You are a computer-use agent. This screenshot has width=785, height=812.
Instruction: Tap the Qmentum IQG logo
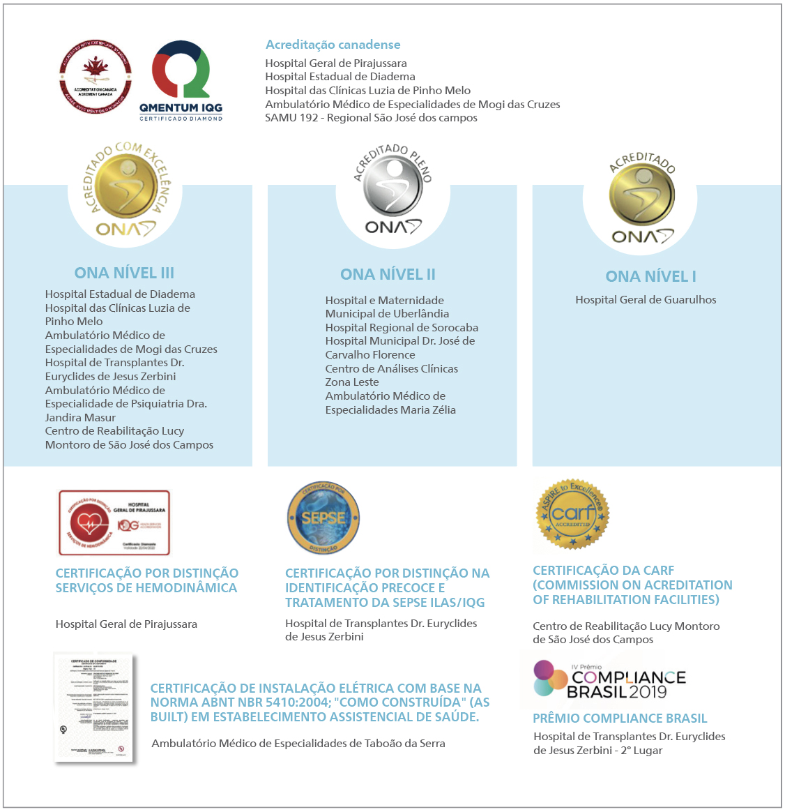tap(181, 79)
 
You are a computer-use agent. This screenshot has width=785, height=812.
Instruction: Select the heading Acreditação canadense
tap(333, 45)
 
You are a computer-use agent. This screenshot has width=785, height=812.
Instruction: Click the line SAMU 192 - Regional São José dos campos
tap(371, 118)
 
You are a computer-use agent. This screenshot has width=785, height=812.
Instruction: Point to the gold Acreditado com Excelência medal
tap(126, 190)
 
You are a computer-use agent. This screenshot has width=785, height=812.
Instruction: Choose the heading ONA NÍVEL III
tap(124, 273)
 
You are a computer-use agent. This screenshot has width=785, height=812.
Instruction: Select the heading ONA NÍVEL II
tap(388, 274)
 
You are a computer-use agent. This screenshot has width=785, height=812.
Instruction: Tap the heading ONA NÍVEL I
tap(650, 276)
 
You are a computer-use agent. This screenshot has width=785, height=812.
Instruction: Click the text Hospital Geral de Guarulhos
tap(646, 300)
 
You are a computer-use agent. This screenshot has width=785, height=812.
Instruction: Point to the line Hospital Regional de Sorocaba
tap(402, 327)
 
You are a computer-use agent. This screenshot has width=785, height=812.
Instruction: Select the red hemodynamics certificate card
tap(114, 522)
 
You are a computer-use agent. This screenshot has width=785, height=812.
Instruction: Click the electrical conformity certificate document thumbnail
tap(94, 708)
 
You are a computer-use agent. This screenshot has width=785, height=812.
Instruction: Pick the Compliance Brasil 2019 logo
tap(610, 679)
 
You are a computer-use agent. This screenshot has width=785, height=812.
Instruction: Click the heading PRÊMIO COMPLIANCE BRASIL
tap(620, 719)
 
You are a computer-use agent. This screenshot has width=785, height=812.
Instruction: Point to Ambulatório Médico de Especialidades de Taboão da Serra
tap(298, 744)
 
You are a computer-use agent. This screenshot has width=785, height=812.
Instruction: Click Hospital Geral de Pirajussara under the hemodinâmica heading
tap(126, 624)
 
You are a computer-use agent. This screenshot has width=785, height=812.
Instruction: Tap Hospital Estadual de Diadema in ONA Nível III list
tap(120, 294)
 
